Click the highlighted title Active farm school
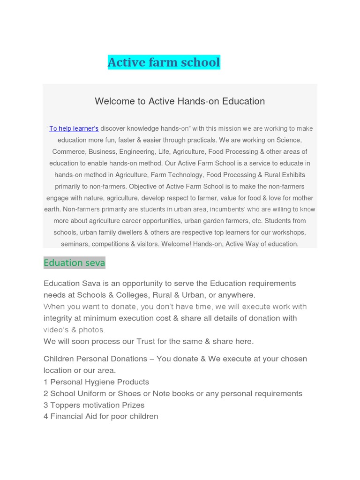pyautogui.click(x=164, y=62)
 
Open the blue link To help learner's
pyautogui.click(x=74, y=128)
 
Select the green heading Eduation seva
pyautogui.click(x=74, y=263)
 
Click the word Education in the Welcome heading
pyautogui.click(x=244, y=101)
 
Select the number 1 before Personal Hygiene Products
pyautogui.click(x=46, y=382)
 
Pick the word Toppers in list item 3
pyautogui.click(x=65, y=405)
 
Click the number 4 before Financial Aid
pyautogui.click(x=46, y=417)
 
